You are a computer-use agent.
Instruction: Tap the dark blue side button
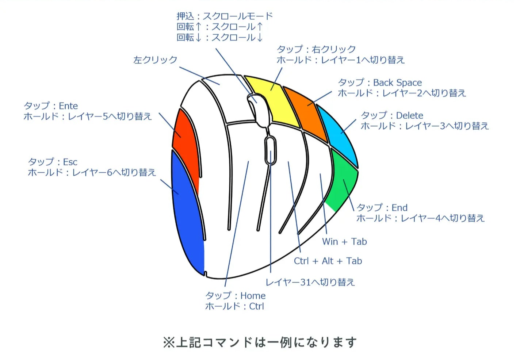coord(186,212)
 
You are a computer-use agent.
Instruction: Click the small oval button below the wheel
coord(270,150)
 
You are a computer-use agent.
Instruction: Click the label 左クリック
coord(155,60)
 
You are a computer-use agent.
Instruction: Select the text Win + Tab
coord(344,242)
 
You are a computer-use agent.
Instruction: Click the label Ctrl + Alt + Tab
coord(328,261)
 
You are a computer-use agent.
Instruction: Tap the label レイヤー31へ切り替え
coord(310,282)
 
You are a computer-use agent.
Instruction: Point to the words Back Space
coord(397,83)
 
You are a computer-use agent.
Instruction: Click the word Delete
coord(409,116)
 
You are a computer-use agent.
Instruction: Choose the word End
coord(399,208)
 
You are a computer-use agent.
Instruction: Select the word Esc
coord(70,162)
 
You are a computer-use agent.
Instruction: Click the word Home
coord(253,296)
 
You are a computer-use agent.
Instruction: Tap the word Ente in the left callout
coord(68,106)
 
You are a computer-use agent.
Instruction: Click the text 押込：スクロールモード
coord(225,16)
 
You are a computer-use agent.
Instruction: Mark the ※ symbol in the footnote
coord(169,342)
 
